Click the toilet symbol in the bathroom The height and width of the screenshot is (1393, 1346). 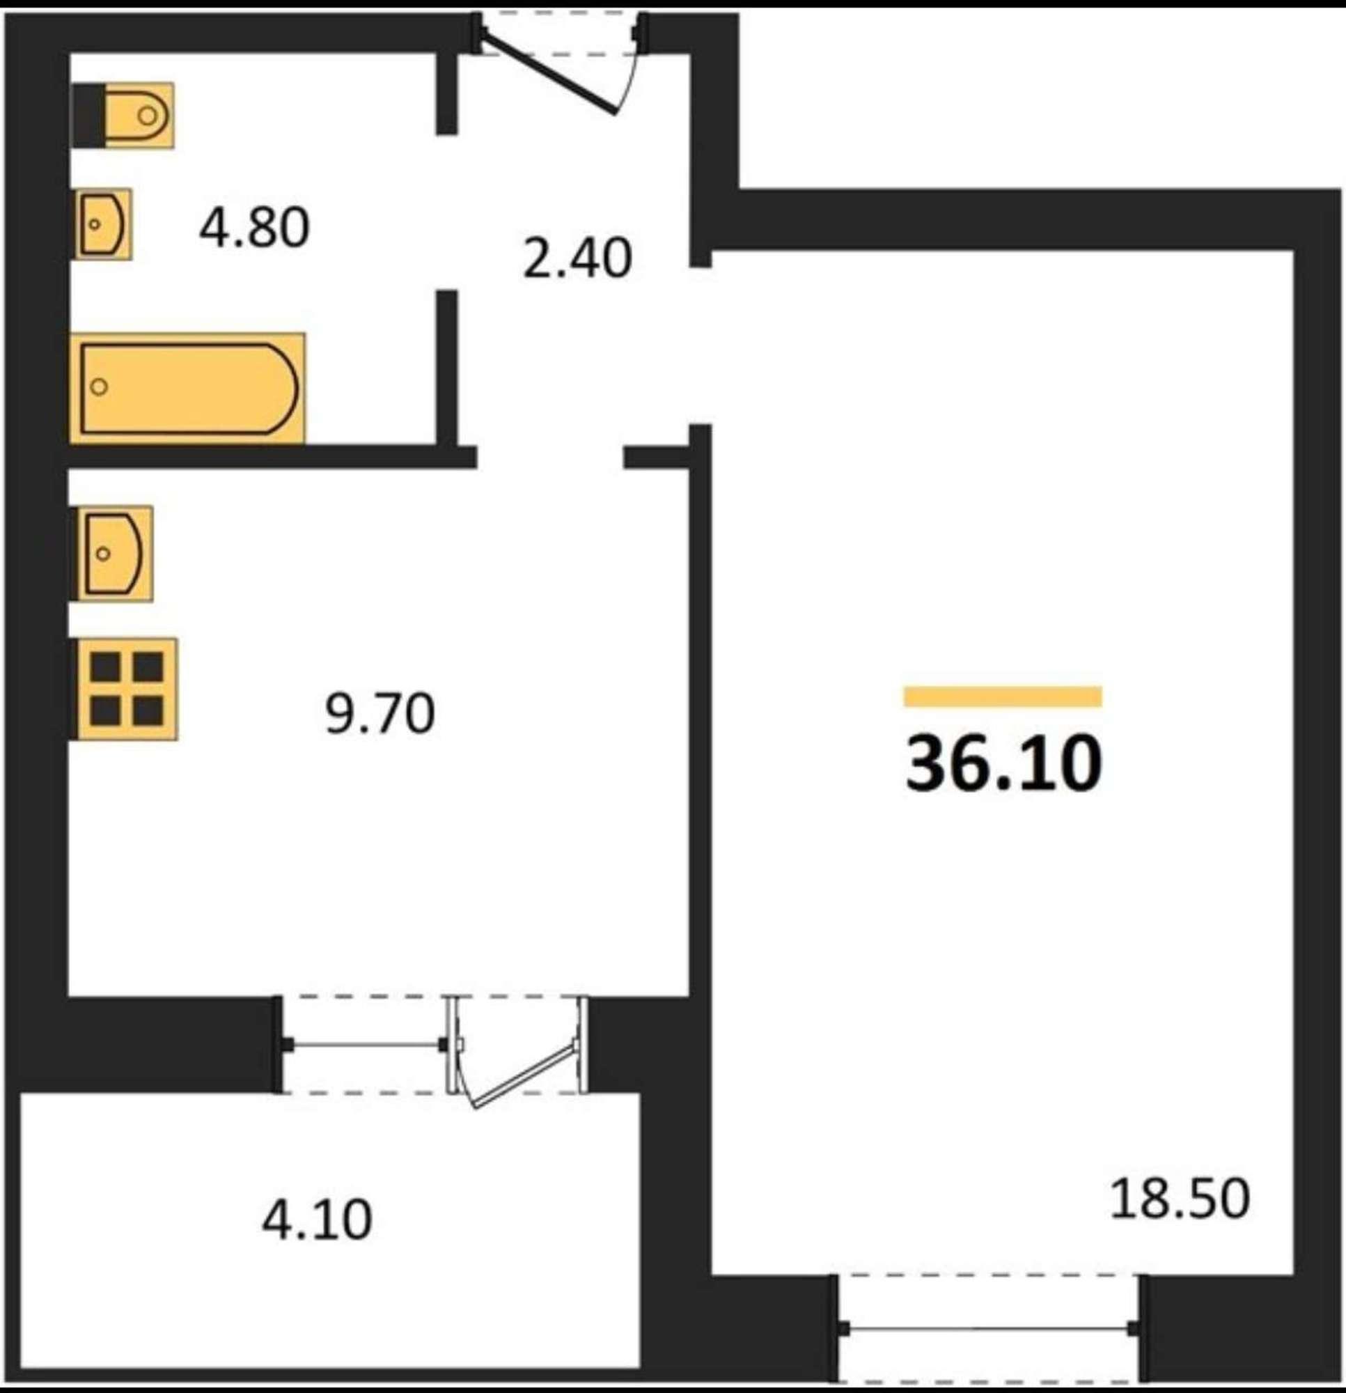[124, 115]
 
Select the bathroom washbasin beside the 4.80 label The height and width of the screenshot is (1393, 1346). [103, 224]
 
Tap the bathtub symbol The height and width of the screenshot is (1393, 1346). [187, 388]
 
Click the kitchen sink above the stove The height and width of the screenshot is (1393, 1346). [113, 553]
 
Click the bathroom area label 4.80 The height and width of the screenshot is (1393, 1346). [254, 228]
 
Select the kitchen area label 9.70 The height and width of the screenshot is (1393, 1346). [379, 715]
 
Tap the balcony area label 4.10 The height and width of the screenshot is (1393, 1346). [317, 1221]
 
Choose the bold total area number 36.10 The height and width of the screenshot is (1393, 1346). [1003, 763]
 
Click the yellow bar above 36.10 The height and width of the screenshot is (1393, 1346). [1003, 696]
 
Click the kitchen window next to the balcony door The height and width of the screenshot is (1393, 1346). [364, 1044]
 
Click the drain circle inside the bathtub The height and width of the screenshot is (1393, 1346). [100, 387]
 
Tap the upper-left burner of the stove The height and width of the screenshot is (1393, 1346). [104, 667]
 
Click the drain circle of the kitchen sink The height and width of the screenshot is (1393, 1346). [103, 553]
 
